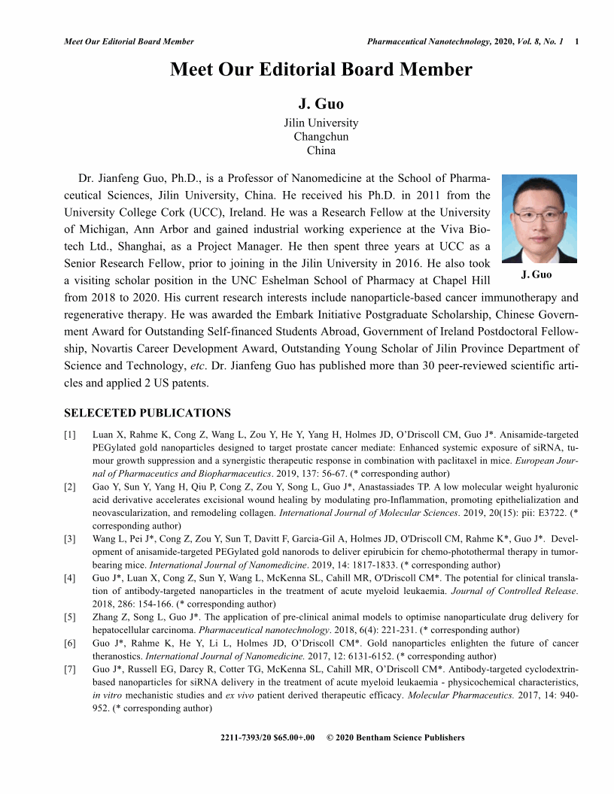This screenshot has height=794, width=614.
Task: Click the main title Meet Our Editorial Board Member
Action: click(x=321, y=70)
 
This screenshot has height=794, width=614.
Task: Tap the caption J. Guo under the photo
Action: click(x=536, y=274)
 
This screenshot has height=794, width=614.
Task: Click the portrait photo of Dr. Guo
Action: click(x=539, y=218)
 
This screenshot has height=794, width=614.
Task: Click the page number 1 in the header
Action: click(x=576, y=41)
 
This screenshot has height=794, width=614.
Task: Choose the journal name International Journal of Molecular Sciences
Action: click(x=363, y=511)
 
